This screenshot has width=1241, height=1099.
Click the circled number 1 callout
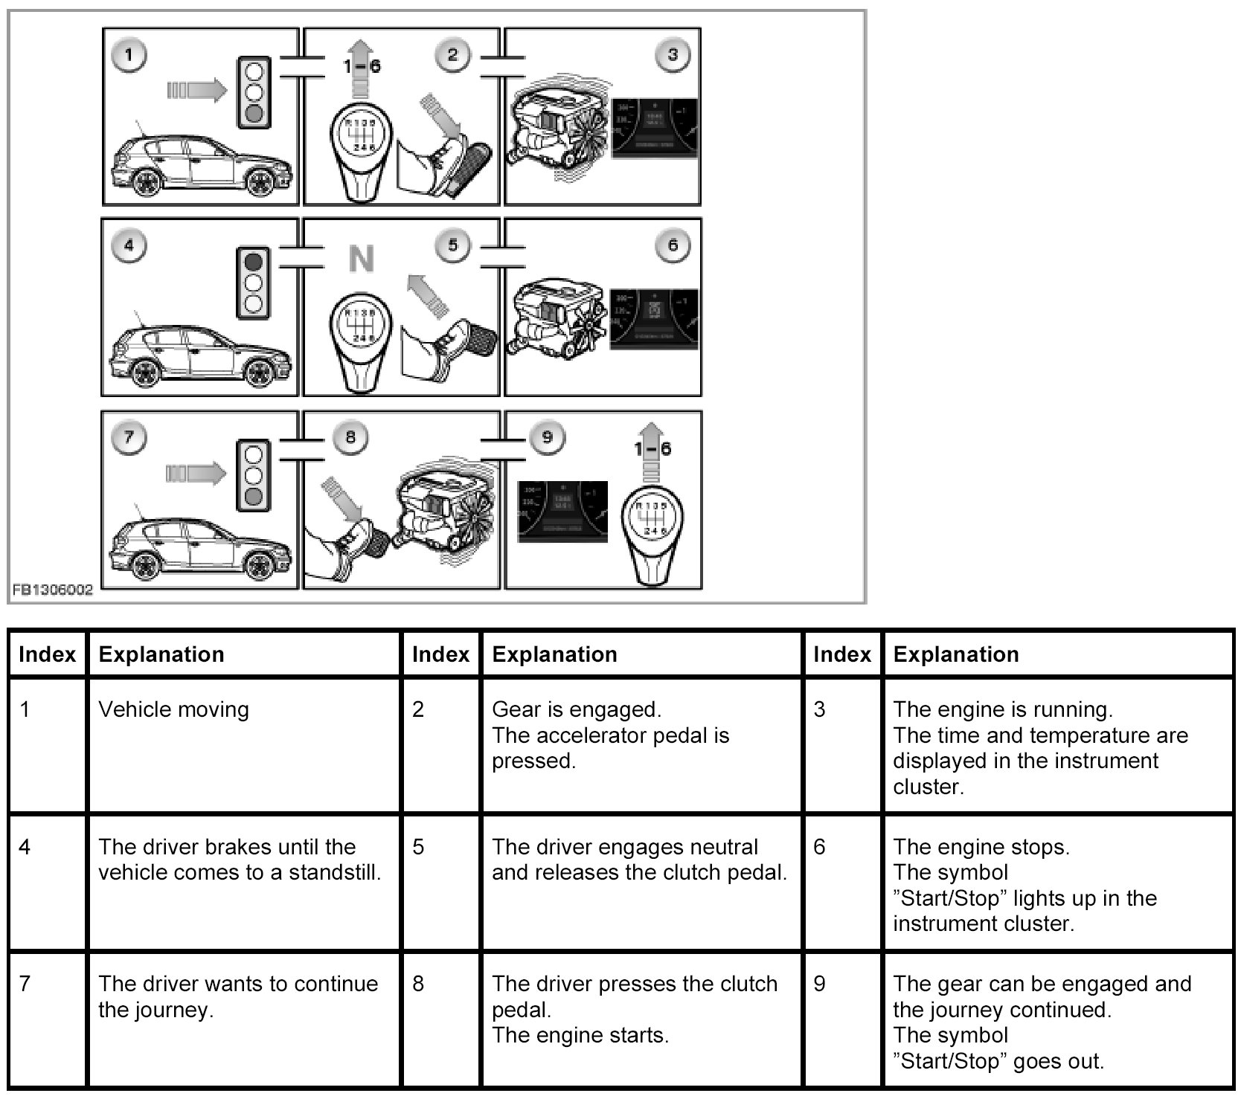tap(129, 55)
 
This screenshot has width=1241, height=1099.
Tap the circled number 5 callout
tap(453, 245)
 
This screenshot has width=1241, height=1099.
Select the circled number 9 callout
tap(547, 436)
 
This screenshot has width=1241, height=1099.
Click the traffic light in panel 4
tap(254, 283)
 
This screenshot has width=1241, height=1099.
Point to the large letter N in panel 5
tap(361, 260)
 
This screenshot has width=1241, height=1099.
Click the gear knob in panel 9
tap(653, 537)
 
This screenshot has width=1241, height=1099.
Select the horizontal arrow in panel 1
tap(196, 91)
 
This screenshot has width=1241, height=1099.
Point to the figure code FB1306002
tap(52, 590)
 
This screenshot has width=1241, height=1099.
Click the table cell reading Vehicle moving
tap(174, 709)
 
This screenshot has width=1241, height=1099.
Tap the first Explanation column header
tap(161, 654)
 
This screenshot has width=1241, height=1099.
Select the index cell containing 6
tap(819, 847)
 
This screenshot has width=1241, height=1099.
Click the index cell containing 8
tap(418, 984)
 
